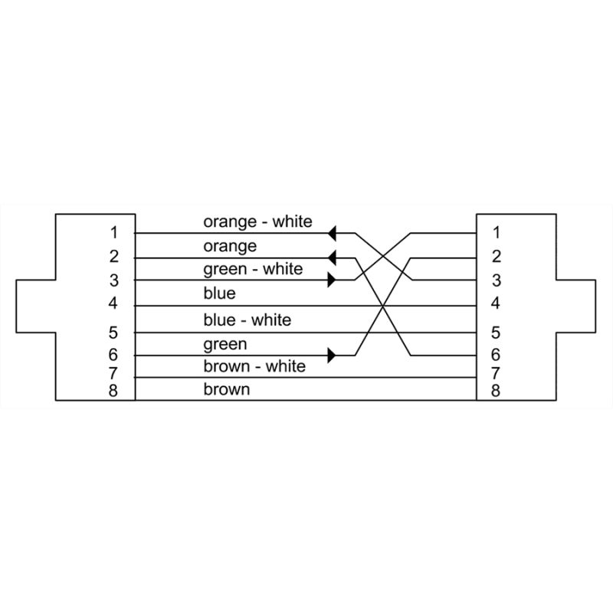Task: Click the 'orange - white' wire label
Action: pyautogui.click(x=257, y=221)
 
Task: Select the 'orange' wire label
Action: pyautogui.click(x=230, y=246)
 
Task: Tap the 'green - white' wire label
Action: pyautogui.click(x=253, y=270)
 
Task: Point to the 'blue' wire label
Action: pyautogui.click(x=219, y=293)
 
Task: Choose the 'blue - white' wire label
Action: pyautogui.click(x=247, y=320)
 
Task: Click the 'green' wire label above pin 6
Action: pyautogui.click(x=225, y=344)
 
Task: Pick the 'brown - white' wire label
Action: pyautogui.click(x=254, y=366)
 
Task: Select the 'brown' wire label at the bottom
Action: pyautogui.click(x=226, y=389)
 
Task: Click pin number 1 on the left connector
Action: pyautogui.click(x=113, y=233)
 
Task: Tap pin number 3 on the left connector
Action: pyautogui.click(x=113, y=280)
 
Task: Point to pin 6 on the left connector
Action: pyautogui.click(x=113, y=355)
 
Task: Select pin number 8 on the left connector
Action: pyautogui.click(x=113, y=390)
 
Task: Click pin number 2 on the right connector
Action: pyautogui.click(x=496, y=257)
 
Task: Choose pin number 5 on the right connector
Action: pyautogui.click(x=495, y=333)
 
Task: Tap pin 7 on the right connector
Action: pyautogui.click(x=495, y=374)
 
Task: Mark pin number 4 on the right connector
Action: pyautogui.click(x=495, y=303)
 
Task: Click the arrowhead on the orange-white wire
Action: pyautogui.click(x=332, y=234)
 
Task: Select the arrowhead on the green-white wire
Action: pyautogui.click(x=332, y=280)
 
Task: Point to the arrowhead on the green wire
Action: pyautogui.click(x=332, y=356)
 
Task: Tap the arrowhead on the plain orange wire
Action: pyautogui.click(x=332, y=258)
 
